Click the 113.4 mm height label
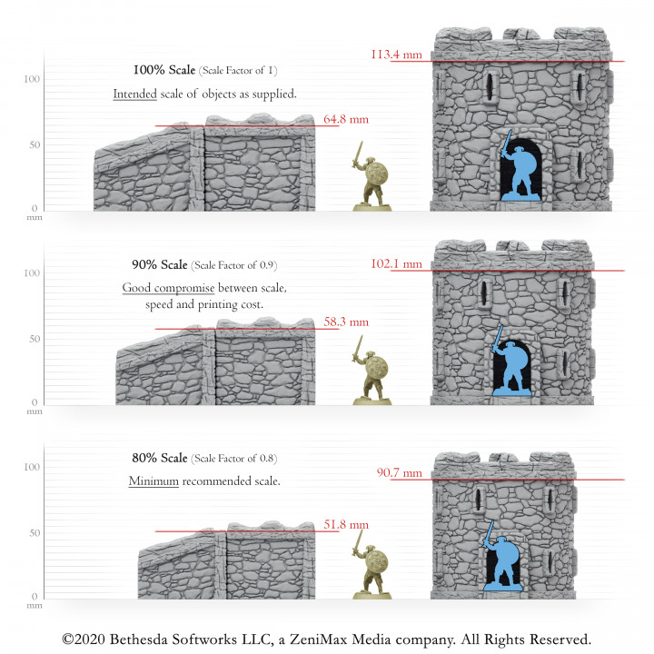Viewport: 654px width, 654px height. click(x=396, y=54)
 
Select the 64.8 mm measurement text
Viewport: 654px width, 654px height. click(x=346, y=119)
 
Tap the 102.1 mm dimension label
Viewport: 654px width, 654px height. click(x=396, y=264)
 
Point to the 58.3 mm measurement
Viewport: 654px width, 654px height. click(x=346, y=322)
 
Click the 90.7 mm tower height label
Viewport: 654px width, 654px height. click(x=399, y=472)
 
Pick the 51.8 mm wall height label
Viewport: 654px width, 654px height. click(x=346, y=524)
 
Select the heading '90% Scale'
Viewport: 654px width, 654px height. click(x=159, y=264)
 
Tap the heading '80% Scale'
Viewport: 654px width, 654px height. click(x=159, y=458)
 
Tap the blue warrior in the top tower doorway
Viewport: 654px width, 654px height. click(x=519, y=170)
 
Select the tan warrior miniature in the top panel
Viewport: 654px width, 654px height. click(x=372, y=177)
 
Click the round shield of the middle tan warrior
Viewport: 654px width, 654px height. click(x=380, y=368)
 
